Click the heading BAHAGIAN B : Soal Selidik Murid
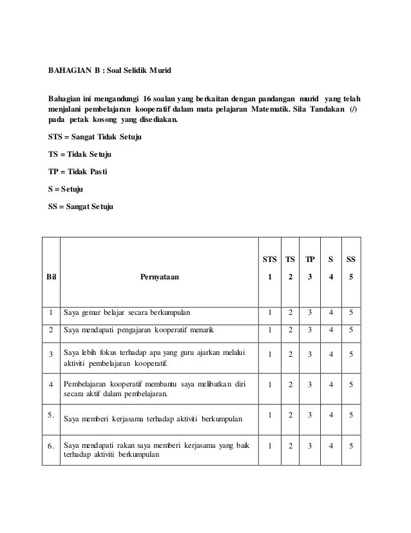(x=111, y=69)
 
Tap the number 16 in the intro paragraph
(x=151, y=99)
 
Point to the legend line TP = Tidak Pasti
(x=79, y=172)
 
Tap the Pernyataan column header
(x=160, y=277)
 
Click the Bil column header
(x=51, y=277)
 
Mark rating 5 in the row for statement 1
(x=350, y=314)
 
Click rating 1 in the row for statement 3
(x=269, y=354)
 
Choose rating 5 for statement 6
(x=350, y=446)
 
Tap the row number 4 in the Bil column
(x=50, y=386)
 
